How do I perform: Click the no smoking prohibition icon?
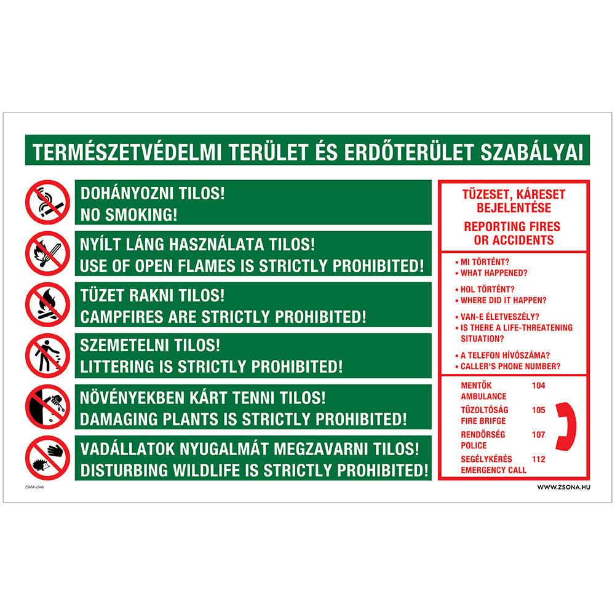pos(47,202)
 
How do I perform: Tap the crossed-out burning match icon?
pos(47,253)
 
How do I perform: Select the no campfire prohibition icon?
pos(47,304)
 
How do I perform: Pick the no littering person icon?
pos(47,355)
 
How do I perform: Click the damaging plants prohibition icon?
pos(47,407)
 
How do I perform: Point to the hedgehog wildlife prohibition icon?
pos(47,458)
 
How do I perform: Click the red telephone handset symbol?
pos(566,426)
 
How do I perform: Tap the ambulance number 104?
pos(539,386)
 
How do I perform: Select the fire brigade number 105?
pos(539,410)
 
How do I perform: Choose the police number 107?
pos(539,435)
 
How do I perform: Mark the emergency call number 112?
pos(539,459)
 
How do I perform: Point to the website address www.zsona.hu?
pos(563,488)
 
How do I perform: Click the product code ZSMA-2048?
pos(34,487)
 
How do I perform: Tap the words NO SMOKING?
pos(129,215)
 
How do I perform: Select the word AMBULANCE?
pos(483,397)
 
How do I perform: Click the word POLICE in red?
pos(474,445)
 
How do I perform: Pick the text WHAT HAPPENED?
pos(494,273)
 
